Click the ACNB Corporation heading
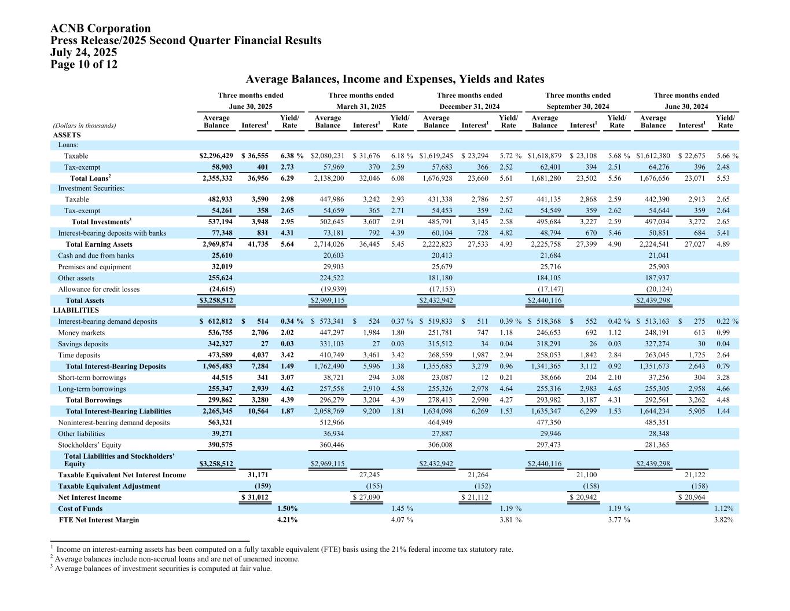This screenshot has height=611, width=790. coord(101,28)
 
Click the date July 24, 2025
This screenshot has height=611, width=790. coord(84,52)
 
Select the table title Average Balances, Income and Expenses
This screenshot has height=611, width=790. coord(395,79)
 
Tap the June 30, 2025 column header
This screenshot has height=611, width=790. coord(251,107)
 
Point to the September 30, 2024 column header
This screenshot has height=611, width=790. coord(578,107)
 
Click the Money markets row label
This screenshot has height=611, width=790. coord(82,333)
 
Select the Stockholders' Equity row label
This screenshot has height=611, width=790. coord(90,445)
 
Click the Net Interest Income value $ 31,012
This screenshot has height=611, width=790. coord(255,497)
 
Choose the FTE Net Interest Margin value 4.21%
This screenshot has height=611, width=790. coord(288,519)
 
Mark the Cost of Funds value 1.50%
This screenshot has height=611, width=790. coord(288,508)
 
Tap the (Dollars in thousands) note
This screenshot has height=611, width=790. coord(84,125)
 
